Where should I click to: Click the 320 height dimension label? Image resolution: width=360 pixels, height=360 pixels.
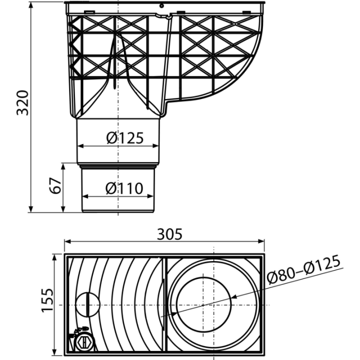tap(23, 103)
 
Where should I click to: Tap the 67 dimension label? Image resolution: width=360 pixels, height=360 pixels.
tap(55, 185)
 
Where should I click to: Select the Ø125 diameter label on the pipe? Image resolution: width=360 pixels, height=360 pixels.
tap(125, 138)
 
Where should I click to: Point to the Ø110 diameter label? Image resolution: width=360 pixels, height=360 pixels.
tap(124, 188)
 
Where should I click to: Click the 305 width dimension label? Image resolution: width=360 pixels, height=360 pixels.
tap(169, 234)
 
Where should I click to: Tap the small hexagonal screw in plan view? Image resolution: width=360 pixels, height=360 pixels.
tap(84, 343)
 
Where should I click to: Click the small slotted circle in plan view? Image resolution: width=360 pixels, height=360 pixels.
tap(87, 304)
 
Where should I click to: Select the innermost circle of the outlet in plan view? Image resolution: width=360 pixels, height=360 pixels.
tap(204, 304)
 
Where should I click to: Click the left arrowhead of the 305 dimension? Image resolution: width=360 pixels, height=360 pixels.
tap(67, 241)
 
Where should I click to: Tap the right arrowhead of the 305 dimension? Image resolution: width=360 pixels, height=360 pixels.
tap(261, 241)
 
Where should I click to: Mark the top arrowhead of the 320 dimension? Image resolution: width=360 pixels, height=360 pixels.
tap(31, 5)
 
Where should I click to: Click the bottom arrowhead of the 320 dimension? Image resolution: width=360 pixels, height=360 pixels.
tap(31, 209)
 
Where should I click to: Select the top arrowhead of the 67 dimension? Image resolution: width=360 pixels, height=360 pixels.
tap(63, 166)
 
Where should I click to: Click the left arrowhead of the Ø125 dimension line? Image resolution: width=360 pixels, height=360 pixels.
tap(80, 146)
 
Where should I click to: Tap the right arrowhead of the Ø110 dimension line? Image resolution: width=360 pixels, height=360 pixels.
tap(150, 196)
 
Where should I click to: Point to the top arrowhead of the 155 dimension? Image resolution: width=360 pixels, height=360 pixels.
tap(54, 257)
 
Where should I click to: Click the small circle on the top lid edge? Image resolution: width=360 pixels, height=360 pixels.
tap(161, 5)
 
